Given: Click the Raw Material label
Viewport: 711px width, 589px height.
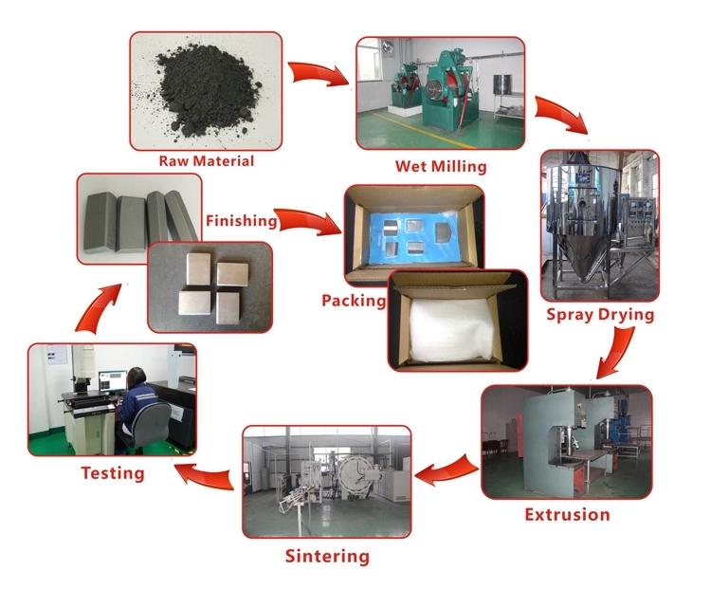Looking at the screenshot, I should pyautogui.click(x=206, y=161).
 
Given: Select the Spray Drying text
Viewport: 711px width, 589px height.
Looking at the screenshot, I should pyautogui.click(x=599, y=314).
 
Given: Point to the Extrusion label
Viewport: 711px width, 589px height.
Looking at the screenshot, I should pyautogui.click(x=567, y=515).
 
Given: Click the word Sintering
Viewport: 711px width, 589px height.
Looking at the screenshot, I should pyautogui.click(x=327, y=556).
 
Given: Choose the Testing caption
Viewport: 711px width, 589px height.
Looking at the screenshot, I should pyautogui.click(x=112, y=472).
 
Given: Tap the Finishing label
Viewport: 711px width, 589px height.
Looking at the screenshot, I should pyautogui.click(x=242, y=221).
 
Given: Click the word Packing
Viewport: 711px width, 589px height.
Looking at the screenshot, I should pyautogui.click(x=353, y=301).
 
